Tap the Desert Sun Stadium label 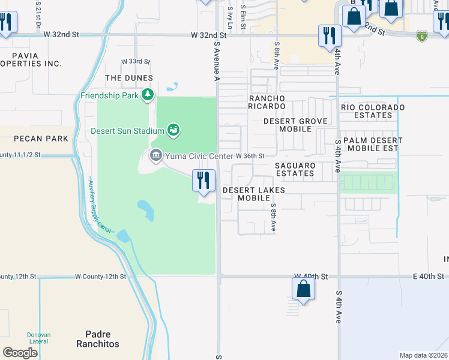[x=127, y=131]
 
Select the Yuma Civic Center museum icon [x=155, y=156]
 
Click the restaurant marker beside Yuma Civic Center [x=203, y=180]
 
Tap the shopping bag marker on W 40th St [x=304, y=290]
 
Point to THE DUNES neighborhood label [x=129, y=79]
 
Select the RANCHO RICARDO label [x=267, y=102]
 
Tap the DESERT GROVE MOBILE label [x=296, y=125]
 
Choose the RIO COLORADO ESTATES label [x=372, y=111]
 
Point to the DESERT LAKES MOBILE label [x=253, y=194]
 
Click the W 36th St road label [x=250, y=156]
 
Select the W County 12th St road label [x=100, y=277]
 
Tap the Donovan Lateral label [x=40, y=338]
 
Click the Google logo [x=20, y=353]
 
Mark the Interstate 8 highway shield [x=423, y=36]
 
